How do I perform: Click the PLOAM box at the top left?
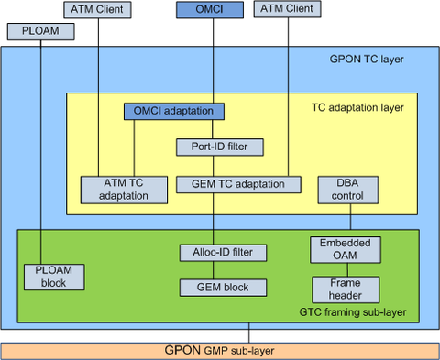[40, 31]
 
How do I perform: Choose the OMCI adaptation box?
[174, 111]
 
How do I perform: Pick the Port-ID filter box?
[213, 146]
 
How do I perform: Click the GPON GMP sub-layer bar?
[219, 350]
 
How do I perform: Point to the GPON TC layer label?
[366, 60]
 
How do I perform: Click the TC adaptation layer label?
[357, 107]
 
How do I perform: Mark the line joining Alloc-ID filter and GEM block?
[213, 269]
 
